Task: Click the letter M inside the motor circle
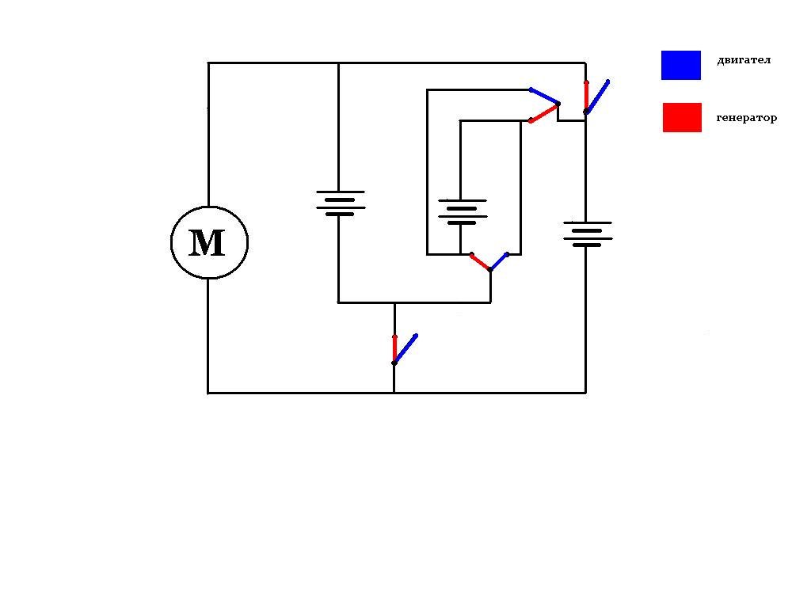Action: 208,243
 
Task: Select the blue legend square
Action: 681,66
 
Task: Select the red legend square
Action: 682,117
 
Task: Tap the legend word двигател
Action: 743,60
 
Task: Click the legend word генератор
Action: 746,118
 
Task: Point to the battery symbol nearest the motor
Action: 340,203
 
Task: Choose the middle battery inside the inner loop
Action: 462,211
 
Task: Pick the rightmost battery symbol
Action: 587,234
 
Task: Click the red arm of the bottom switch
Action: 394,349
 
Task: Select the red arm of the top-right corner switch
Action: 586,97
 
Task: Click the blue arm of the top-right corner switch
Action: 597,96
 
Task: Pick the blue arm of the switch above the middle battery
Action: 544,96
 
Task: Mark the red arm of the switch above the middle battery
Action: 544,112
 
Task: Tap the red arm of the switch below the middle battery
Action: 481,262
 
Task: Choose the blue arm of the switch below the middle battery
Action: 499,262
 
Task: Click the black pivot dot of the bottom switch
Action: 394,363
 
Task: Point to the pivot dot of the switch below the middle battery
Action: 490,271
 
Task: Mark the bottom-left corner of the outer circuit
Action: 208,392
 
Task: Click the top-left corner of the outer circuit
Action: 208,63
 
